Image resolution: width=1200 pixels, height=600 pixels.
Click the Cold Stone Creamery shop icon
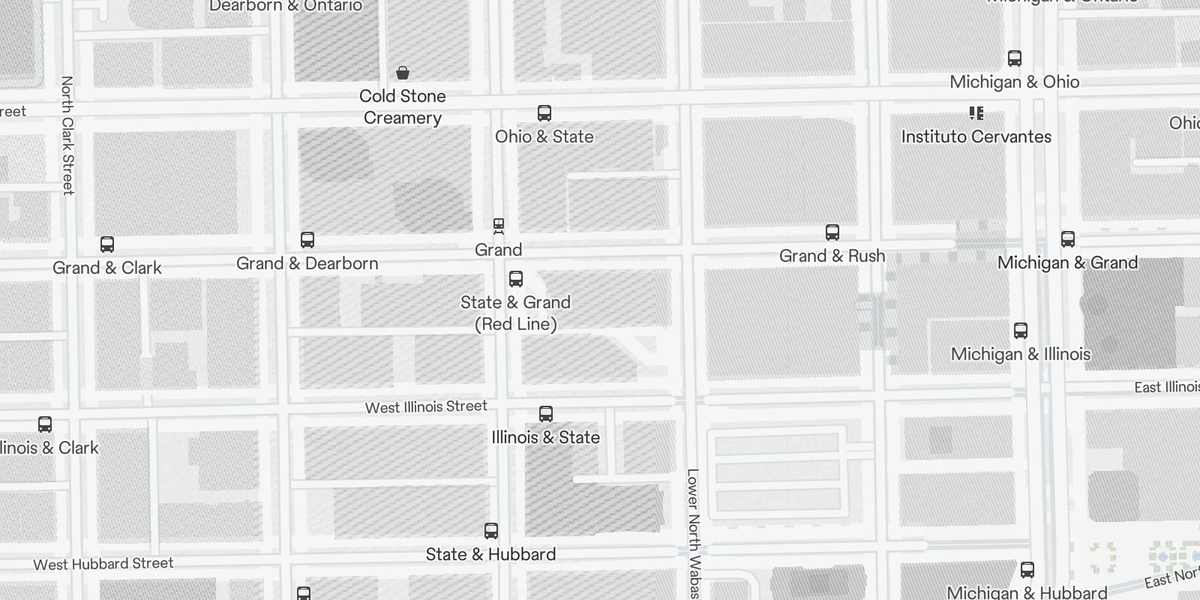tap(403, 73)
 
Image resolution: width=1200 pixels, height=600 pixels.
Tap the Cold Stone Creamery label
tap(403, 106)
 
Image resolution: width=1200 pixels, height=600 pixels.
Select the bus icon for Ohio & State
tap(544, 113)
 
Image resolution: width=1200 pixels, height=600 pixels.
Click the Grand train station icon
tap(498, 225)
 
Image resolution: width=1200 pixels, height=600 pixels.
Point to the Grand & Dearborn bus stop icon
tap(307, 240)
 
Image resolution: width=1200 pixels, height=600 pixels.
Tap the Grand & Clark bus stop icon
tap(107, 244)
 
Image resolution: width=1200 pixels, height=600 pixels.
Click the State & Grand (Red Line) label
tap(516, 313)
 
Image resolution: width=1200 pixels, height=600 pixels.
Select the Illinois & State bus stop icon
tap(546, 414)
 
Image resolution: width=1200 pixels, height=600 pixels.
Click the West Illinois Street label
tap(426, 406)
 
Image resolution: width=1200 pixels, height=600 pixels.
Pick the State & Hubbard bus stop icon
tap(491, 531)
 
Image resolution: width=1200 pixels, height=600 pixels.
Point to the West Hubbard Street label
tap(103, 564)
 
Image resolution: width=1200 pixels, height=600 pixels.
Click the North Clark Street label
tap(67, 135)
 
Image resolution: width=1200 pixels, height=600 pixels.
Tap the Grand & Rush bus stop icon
tap(832, 232)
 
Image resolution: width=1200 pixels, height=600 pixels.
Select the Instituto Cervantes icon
tap(976, 113)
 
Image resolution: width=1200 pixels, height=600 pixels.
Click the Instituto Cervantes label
tap(976, 136)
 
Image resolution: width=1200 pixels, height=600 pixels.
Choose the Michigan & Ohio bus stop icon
tap(1015, 58)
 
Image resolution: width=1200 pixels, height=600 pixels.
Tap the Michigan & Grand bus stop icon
tap(1068, 239)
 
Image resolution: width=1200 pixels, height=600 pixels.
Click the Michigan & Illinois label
tap(1020, 354)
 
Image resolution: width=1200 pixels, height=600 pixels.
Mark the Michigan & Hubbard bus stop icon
tap(1027, 570)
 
